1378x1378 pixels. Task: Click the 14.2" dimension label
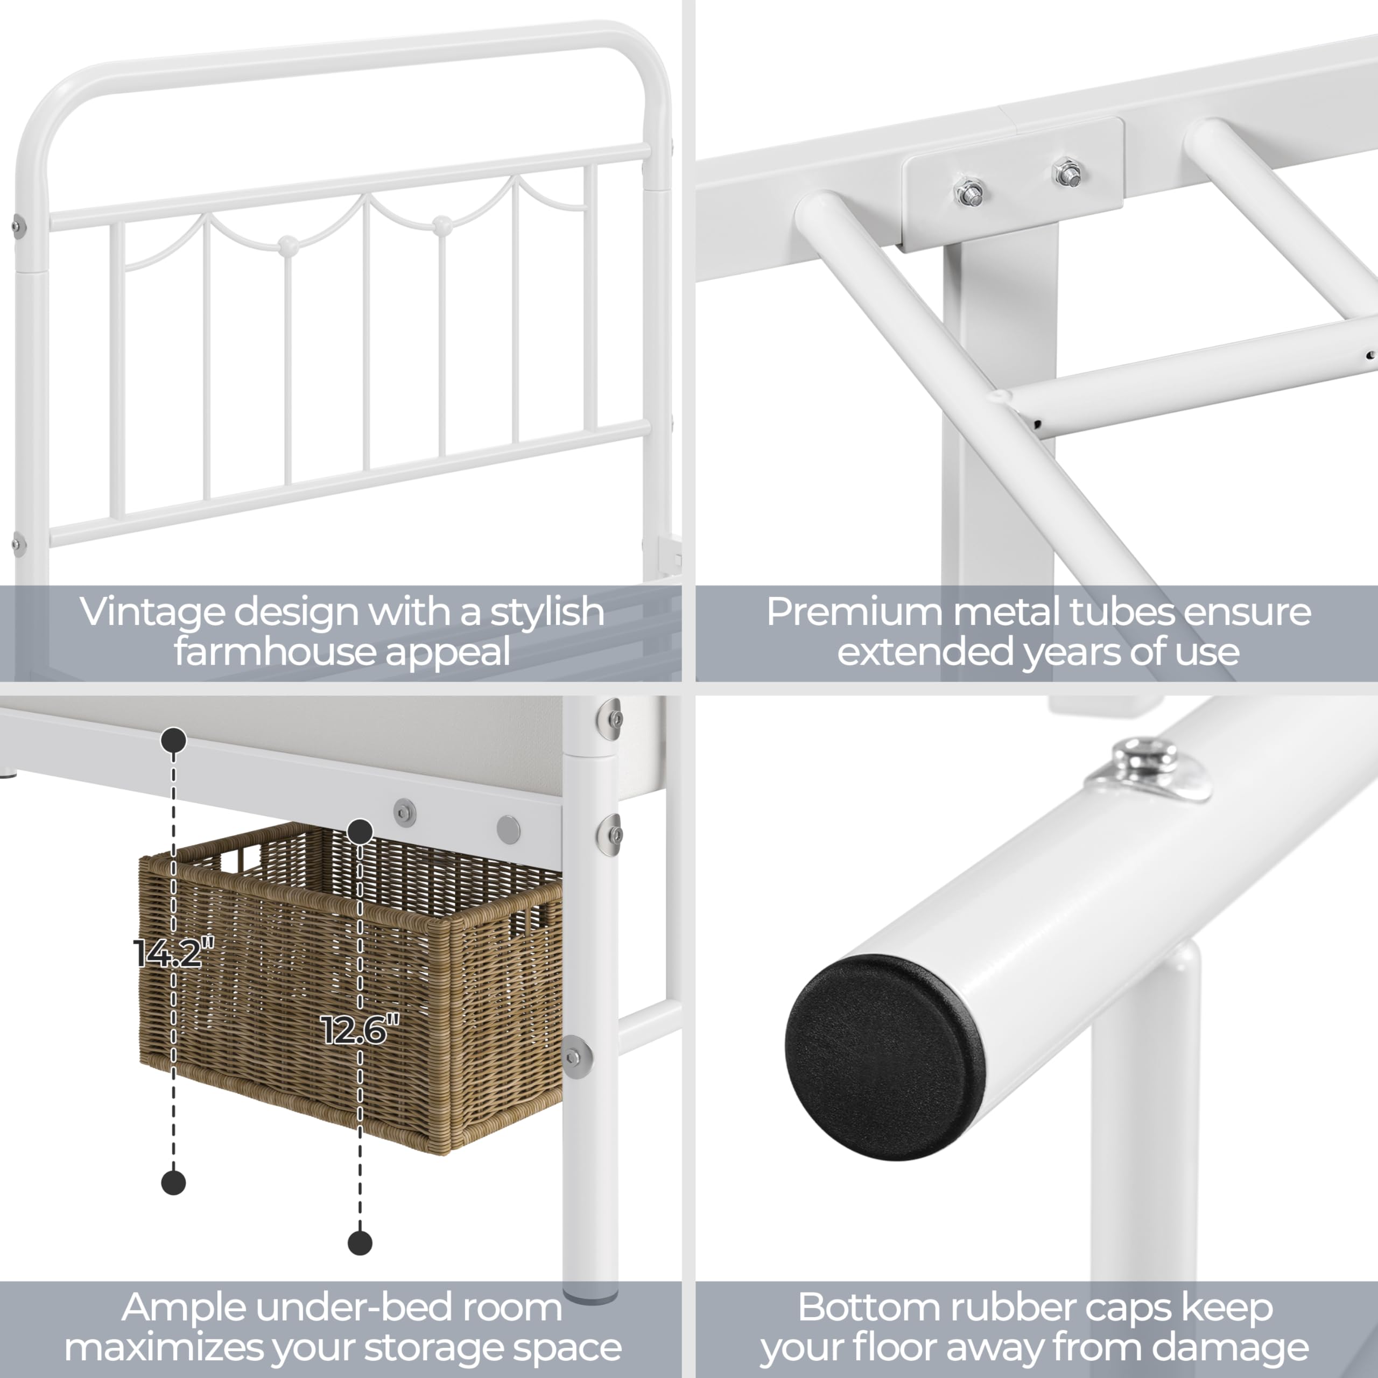(x=173, y=953)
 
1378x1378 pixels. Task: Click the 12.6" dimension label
(x=360, y=1030)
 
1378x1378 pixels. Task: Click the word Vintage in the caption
(x=151, y=612)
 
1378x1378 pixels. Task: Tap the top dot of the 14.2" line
(x=173, y=740)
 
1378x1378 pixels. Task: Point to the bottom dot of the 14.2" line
(x=173, y=1183)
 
